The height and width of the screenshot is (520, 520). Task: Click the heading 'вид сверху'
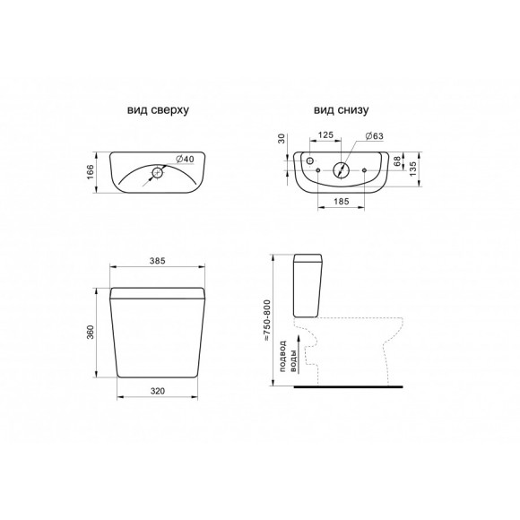click(158, 110)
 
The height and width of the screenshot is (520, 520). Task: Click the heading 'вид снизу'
click(341, 110)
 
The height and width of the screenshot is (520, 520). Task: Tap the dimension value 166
click(91, 172)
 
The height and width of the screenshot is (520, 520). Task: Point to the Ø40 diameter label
click(185, 160)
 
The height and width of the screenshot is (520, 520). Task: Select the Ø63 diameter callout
click(374, 136)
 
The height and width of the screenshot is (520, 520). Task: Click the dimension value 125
click(325, 135)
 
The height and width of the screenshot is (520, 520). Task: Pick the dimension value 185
click(342, 202)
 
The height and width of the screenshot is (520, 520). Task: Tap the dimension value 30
click(282, 138)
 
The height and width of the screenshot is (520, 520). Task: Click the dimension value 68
click(396, 162)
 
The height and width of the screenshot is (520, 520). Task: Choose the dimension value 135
click(413, 169)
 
